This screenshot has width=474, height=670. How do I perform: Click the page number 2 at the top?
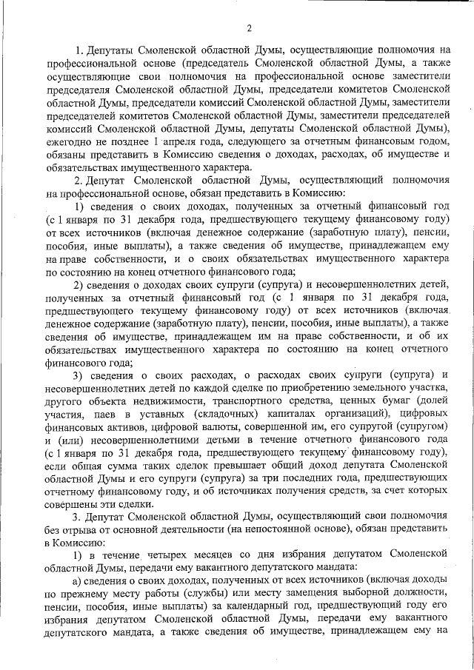click(x=250, y=28)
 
